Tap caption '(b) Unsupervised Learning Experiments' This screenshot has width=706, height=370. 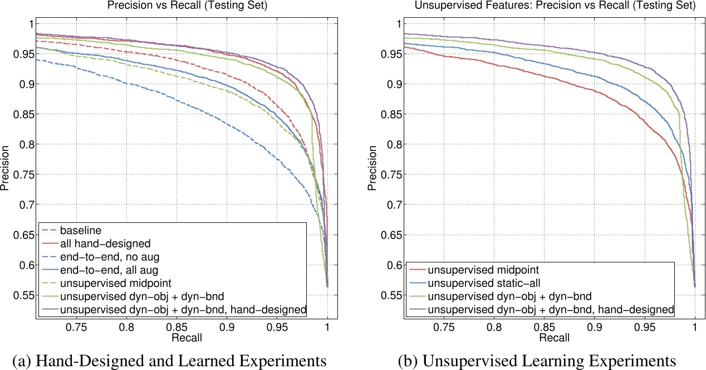pyautogui.click(x=537, y=359)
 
